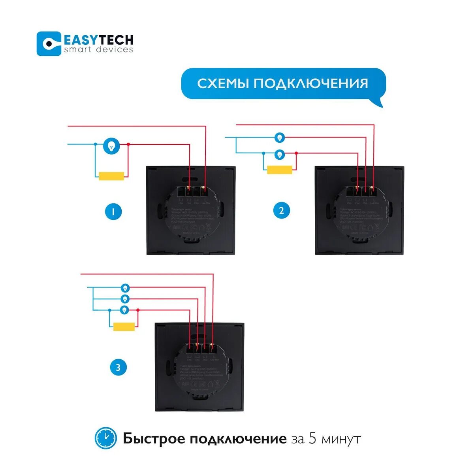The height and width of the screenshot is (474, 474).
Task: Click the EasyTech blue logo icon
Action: (49, 43)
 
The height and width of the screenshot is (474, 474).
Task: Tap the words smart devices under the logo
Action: (98, 50)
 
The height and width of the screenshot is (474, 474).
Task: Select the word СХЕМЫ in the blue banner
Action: (223, 83)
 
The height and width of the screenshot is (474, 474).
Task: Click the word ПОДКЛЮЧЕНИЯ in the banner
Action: (311, 83)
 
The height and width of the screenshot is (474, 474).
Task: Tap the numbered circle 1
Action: (114, 212)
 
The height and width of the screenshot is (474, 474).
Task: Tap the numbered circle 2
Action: (282, 211)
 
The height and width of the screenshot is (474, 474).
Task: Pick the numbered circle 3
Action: (118, 368)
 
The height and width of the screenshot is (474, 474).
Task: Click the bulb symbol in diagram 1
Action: (112, 146)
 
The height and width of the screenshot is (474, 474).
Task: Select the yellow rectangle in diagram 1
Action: (112, 176)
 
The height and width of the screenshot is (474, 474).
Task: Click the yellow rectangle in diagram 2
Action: (280, 170)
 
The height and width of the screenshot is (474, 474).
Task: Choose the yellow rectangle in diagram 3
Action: (124, 327)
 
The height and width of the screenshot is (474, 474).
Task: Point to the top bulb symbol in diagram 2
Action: (280, 138)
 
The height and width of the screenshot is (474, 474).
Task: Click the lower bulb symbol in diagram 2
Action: (280, 154)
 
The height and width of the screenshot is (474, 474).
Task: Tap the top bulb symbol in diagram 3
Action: (125, 287)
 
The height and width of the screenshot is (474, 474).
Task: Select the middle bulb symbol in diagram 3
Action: (125, 298)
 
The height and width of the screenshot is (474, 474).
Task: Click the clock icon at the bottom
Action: (106, 438)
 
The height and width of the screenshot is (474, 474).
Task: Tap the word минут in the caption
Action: (341, 439)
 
